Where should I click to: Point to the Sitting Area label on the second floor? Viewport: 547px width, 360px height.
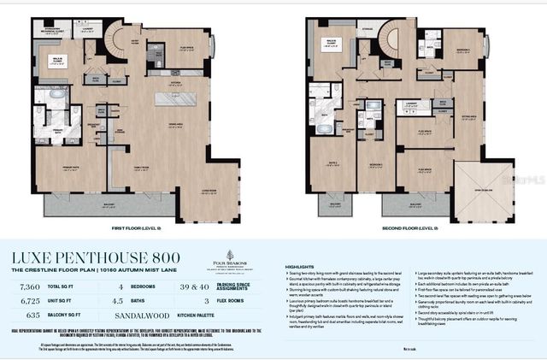point(469,113)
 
